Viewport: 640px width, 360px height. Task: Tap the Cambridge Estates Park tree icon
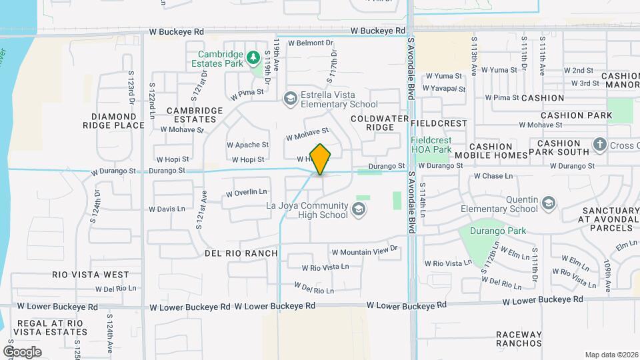pyautogui.click(x=253, y=58)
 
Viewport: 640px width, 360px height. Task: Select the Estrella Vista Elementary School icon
pyautogui.click(x=290, y=99)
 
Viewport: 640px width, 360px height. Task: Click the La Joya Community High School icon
pyautogui.click(x=359, y=210)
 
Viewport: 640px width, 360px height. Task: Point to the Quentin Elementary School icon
pyautogui.click(x=549, y=203)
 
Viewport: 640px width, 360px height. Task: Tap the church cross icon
pyautogui.click(x=599, y=145)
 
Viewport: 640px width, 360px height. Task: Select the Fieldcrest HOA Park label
pyautogui.click(x=431, y=145)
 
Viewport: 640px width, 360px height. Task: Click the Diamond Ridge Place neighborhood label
pyautogui.click(x=113, y=120)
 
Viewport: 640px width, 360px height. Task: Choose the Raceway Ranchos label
pyautogui.click(x=519, y=339)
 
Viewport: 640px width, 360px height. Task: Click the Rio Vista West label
pyautogui.click(x=91, y=274)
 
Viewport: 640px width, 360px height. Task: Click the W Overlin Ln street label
pyautogui.click(x=246, y=193)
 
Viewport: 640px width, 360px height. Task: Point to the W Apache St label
pyautogui.click(x=247, y=144)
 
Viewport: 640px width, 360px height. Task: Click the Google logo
pyautogui.click(x=22, y=351)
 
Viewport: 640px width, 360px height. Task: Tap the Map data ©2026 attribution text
pyautogui.click(x=611, y=355)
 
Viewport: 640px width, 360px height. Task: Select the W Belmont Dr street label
pyautogui.click(x=310, y=43)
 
